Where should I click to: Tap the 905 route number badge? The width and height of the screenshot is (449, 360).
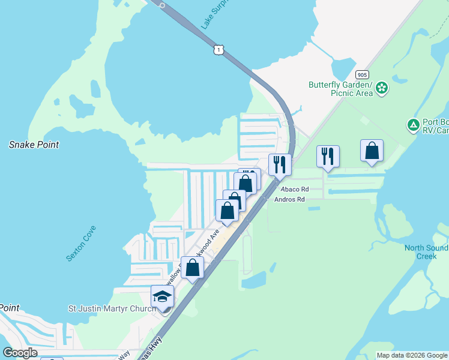pyautogui.click(x=361, y=74)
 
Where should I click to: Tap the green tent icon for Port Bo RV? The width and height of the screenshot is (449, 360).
pyautogui.click(x=413, y=125)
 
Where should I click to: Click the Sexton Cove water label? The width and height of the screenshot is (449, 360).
pyautogui.click(x=82, y=242)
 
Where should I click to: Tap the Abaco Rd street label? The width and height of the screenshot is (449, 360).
pyautogui.click(x=294, y=189)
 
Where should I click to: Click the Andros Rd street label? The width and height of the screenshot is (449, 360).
pyautogui.click(x=289, y=199)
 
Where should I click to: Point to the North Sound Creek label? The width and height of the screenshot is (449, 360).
pyautogui.click(x=426, y=252)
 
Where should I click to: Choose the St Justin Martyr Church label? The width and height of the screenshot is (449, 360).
pyautogui.click(x=112, y=309)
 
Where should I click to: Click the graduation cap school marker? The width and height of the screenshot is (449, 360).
pyautogui.click(x=161, y=296)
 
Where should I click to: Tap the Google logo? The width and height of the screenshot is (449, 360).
pyautogui.click(x=20, y=353)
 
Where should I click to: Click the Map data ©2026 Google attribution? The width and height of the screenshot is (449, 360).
pyautogui.click(x=412, y=355)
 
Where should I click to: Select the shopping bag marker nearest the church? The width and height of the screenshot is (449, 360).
pyautogui.click(x=192, y=267)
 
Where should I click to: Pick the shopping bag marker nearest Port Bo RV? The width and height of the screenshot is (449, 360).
pyautogui.click(x=372, y=150)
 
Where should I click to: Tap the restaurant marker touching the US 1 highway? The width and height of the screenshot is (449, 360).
pyautogui.click(x=280, y=164)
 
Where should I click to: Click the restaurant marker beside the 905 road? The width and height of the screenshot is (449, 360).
pyautogui.click(x=328, y=156)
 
